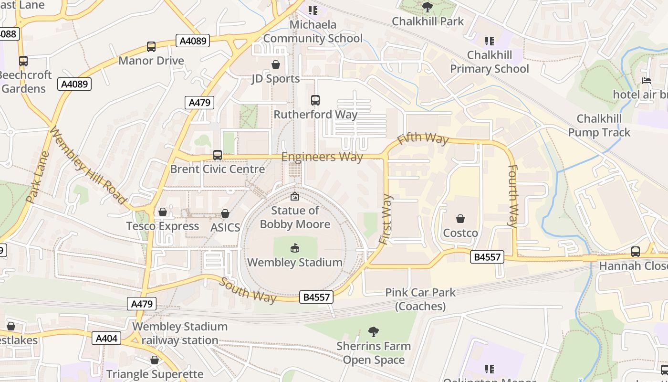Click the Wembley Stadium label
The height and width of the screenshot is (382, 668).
pos(294,262)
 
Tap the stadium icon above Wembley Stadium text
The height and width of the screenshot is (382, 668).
pos(295,248)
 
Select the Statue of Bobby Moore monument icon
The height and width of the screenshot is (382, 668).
pos(295,196)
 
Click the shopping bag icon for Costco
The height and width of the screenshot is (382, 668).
pos(460,219)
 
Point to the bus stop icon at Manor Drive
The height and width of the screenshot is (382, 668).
pos(151,47)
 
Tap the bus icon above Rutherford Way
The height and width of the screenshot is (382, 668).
pos(315,100)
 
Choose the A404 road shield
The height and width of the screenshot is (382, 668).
pos(106,339)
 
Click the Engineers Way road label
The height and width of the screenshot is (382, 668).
pos(322,157)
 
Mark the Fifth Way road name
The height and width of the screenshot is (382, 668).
pos(423,138)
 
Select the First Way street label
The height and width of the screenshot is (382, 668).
pos(386,220)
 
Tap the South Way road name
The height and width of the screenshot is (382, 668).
pos(248,289)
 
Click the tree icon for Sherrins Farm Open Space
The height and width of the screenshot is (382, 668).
pos(374,331)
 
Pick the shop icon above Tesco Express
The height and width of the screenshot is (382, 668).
pos(163,212)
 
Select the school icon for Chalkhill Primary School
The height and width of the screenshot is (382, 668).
pos(489,41)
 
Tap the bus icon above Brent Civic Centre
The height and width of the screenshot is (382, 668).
pos(218,155)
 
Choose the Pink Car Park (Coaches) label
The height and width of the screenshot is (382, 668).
pos(420,299)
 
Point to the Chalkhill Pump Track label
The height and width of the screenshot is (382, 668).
pos(599,126)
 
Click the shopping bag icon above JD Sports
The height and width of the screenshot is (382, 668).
pos(276,64)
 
